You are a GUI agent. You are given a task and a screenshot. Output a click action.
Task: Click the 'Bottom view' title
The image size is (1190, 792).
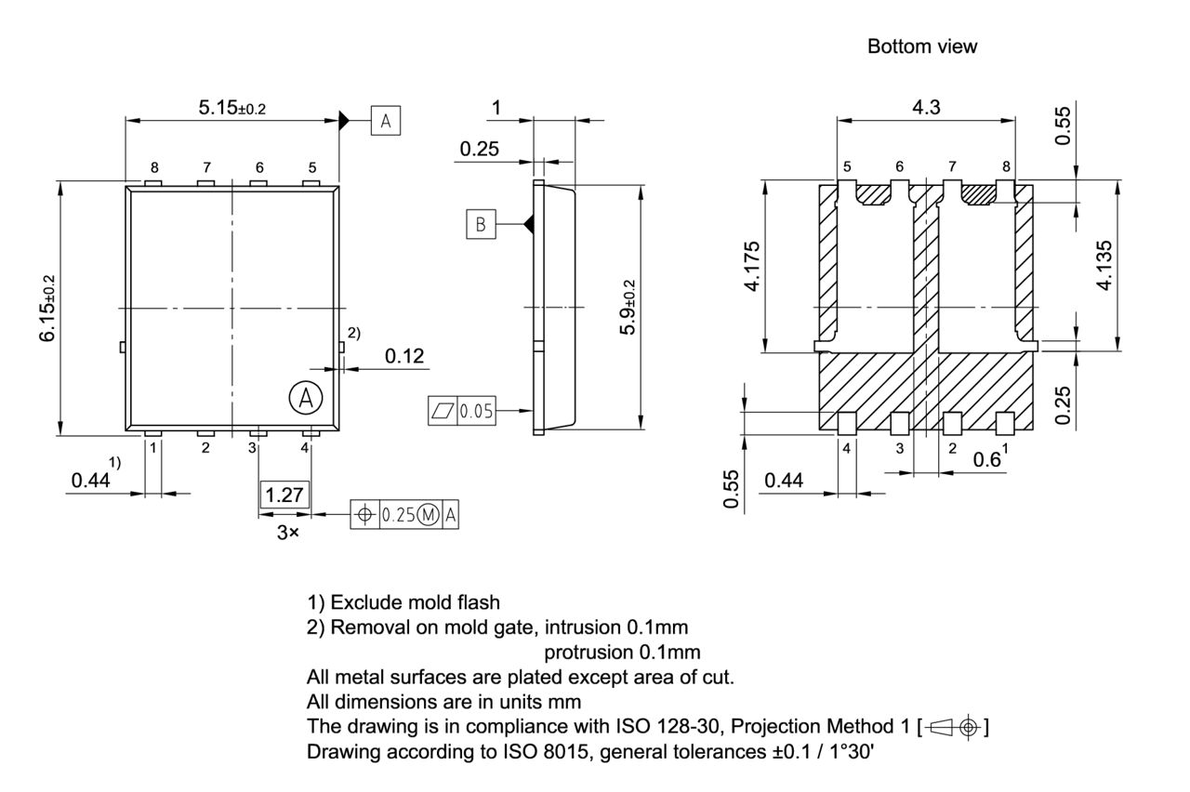[922, 46]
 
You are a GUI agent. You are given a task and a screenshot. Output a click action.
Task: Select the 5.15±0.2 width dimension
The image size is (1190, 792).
[231, 108]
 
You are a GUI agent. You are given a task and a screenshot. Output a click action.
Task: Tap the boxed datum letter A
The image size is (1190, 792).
[386, 121]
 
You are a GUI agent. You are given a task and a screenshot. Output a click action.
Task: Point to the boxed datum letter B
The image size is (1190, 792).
[481, 224]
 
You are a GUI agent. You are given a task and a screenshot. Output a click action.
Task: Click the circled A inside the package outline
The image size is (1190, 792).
[304, 398]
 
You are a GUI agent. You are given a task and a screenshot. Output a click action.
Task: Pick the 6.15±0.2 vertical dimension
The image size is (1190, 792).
[47, 308]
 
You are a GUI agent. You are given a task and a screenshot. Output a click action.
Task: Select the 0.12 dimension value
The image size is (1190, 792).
[404, 356]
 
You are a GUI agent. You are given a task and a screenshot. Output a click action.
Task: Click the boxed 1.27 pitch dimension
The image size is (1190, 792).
[284, 495]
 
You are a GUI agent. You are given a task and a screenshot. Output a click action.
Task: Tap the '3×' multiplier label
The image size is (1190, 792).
[287, 534]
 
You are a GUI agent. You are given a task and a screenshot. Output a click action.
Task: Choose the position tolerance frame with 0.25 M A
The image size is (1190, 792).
[405, 515]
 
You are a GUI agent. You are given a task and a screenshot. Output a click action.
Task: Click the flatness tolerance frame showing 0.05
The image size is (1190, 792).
[462, 410]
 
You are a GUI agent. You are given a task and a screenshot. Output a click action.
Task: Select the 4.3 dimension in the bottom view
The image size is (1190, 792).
[925, 107]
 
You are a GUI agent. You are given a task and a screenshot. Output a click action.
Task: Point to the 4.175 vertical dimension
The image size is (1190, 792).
[752, 266]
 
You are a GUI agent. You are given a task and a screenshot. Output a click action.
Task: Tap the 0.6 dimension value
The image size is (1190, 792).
[985, 460]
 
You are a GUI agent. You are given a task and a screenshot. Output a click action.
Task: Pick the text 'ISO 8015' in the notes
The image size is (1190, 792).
[554, 751]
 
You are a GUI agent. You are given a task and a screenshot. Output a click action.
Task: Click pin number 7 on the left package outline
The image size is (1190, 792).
[206, 167]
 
